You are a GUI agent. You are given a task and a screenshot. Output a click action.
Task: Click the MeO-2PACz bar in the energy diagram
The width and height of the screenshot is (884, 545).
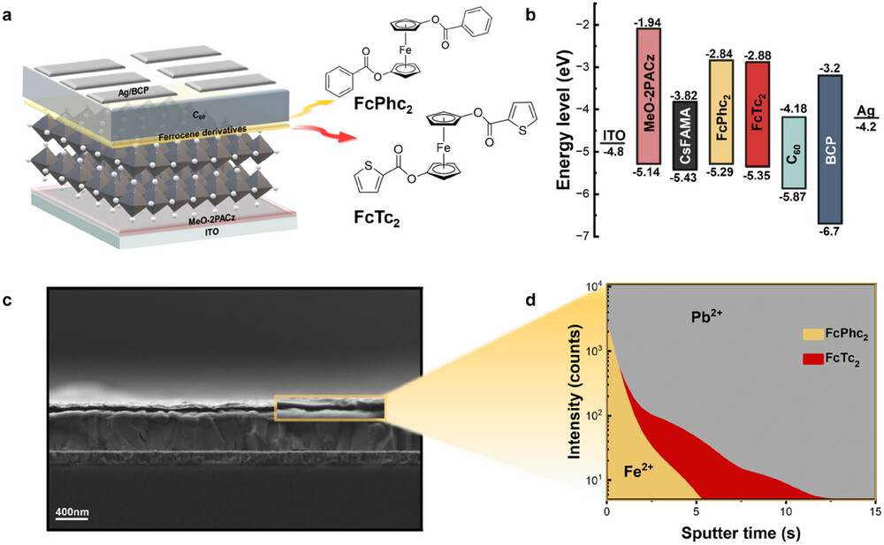coord(647,114)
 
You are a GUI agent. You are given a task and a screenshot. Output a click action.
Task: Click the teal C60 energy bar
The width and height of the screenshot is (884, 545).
coord(793,163)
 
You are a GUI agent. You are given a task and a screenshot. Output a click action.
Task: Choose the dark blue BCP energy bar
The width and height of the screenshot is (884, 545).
coord(832,148)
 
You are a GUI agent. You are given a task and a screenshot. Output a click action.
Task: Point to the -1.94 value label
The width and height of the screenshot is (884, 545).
coord(648,19)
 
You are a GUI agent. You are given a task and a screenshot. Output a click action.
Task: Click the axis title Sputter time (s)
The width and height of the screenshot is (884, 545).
coord(740,533)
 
